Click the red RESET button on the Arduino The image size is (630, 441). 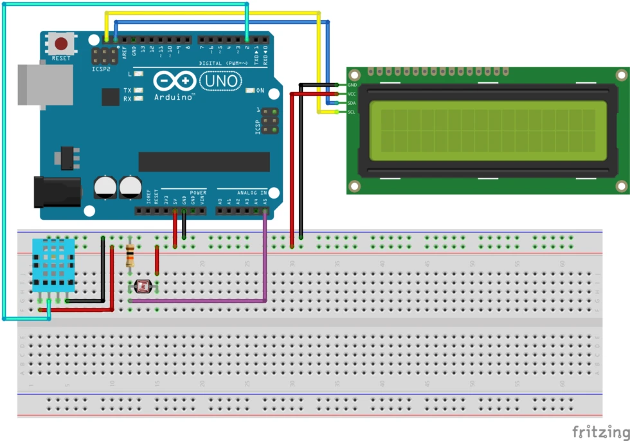pos(62,44)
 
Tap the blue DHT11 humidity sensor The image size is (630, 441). pos(53,264)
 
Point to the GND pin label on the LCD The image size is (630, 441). pos(352,85)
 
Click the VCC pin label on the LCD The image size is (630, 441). pos(352,94)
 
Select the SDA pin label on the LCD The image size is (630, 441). pos(352,103)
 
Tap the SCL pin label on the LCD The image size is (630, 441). pos(352,112)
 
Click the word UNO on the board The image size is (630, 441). pos(221,81)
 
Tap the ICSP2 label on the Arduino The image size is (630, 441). pos(102,68)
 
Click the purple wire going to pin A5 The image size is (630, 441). pos(265,257)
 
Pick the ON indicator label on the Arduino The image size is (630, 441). pos(260,91)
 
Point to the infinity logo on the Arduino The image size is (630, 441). pos(174,81)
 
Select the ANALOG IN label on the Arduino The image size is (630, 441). pos(253,192)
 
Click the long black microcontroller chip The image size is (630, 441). pos(204,162)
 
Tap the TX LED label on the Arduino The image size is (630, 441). pos(127,91)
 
